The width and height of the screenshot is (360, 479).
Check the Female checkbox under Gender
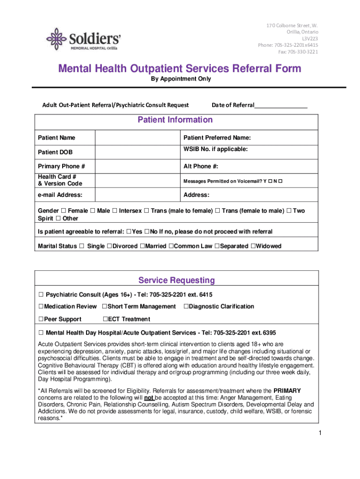coord(64,211)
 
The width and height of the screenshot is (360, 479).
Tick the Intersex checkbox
coord(115,211)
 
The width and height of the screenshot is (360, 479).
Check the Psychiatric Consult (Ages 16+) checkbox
coord(41,295)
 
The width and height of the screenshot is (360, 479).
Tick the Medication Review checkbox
coord(41,306)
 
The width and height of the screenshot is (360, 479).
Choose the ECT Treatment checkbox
coord(105,319)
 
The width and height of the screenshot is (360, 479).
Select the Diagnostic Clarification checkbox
coord(186,306)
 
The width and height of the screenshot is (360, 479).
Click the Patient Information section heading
coord(175,120)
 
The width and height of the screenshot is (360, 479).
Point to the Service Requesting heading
coord(176,280)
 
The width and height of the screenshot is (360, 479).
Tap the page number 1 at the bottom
coord(320,433)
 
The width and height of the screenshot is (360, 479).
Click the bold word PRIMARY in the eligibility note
coord(287,391)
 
